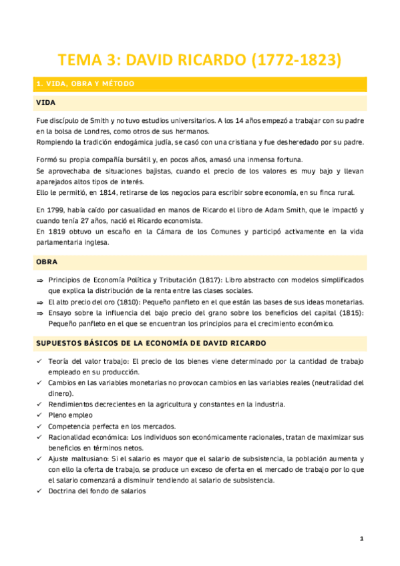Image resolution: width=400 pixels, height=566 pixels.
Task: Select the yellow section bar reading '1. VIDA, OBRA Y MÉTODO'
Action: click(200, 84)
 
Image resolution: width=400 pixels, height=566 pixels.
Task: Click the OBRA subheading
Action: click(47, 262)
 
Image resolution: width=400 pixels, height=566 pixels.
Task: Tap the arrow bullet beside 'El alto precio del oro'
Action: click(39, 302)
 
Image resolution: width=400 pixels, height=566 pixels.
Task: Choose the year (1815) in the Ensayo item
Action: click(351, 313)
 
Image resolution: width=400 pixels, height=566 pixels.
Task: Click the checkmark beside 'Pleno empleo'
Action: click(39, 415)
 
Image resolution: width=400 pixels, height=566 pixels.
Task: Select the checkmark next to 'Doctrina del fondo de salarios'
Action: click(39, 491)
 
